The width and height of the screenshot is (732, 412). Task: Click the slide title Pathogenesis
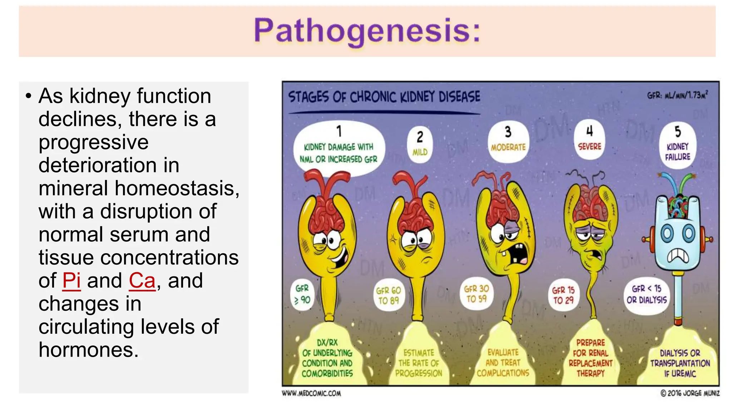click(367, 31)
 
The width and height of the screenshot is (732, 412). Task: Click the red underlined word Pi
click(71, 281)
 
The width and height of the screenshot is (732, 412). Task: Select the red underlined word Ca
click(142, 281)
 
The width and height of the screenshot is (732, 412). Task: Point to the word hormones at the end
click(88, 350)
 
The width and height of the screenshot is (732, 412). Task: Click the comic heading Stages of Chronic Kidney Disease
click(384, 97)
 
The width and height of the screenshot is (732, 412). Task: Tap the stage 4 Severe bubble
click(589, 140)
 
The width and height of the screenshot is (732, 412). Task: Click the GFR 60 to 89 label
click(389, 295)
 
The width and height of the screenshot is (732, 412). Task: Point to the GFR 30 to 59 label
click(476, 294)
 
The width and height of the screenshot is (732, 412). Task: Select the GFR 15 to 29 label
click(563, 295)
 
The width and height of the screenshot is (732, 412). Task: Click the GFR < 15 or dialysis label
click(647, 294)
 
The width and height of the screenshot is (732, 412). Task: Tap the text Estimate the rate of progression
click(419, 363)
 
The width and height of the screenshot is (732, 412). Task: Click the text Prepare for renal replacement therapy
click(590, 358)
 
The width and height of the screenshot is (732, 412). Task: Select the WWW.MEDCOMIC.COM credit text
click(311, 393)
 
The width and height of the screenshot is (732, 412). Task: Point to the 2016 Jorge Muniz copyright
click(690, 393)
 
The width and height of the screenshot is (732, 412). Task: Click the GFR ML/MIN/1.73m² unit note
click(677, 95)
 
